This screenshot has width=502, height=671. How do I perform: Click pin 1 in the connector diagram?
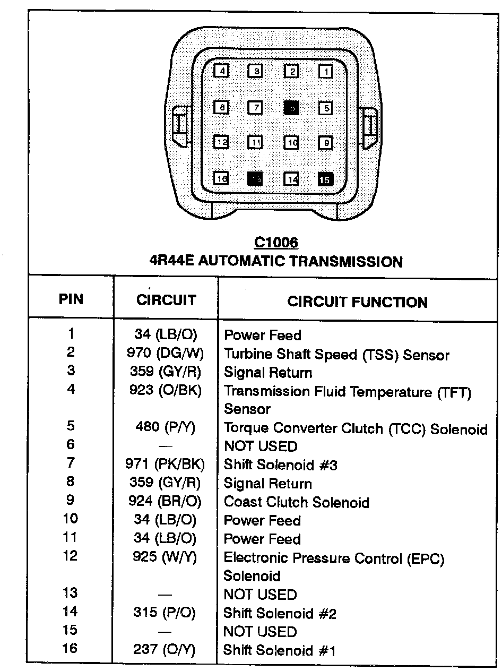coord(326,71)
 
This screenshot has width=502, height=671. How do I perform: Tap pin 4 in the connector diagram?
coord(222,71)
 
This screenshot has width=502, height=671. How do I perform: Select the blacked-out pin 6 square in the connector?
coord(291,108)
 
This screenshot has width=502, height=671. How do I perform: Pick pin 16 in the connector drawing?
coord(222,179)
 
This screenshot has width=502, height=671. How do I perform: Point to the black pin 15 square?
coord(325,179)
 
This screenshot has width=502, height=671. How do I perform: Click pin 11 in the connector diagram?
coord(256,143)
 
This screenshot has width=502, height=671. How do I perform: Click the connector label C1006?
coord(276,243)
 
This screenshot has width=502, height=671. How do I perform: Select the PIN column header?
coord(71,299)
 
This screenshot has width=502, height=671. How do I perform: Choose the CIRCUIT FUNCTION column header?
coord(357,302)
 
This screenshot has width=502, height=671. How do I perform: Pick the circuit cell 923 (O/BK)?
coord(166,391)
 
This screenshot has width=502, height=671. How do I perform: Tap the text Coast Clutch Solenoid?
coord(296,502)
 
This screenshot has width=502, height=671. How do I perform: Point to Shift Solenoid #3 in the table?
coord(281,465)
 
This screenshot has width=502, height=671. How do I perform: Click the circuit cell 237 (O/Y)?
coord(165,650)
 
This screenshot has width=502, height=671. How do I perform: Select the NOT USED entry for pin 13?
coord(260,595)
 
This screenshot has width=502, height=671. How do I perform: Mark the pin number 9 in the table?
coord(71,500)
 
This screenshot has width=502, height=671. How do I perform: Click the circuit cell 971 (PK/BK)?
coord(166,465)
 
